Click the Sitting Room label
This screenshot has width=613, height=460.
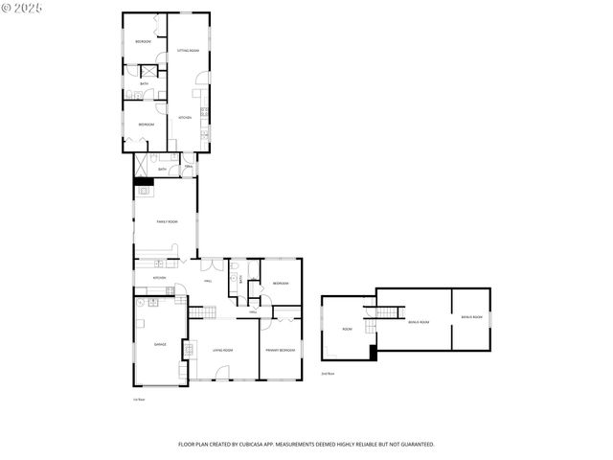pyautogui.click(x=188, y=50)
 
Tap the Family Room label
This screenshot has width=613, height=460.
pyautogui.click(x=168, y=221)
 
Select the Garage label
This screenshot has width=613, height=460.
pyautogui.click(x=160, y=344)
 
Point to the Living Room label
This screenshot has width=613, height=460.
pyautogui.click(x=223, y=351)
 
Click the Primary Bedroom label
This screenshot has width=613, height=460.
pyautogui.click(x=281, y=351)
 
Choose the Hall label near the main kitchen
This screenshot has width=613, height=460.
pyautogui.click(x=208, y=281)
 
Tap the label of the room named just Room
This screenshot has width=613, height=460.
pyautogui.click(x=347, y=330)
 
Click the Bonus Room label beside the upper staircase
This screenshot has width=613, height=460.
pyautogui.click(x=419, y=322)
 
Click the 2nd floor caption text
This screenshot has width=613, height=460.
pyautogui.click(x=328, y=374)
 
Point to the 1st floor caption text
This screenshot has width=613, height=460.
pyautogui.click(x=139, y=399)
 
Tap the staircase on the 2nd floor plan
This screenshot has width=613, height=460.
pyautogui.click(x=386, y=311)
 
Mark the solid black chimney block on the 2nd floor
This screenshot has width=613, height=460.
pyautogui.click(x=373, y=352)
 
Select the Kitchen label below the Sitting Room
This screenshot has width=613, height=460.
pyautogui.click(x=186, y=118)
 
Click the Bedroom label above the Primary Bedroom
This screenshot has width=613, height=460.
pyautogui.click(x=281, y=284)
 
